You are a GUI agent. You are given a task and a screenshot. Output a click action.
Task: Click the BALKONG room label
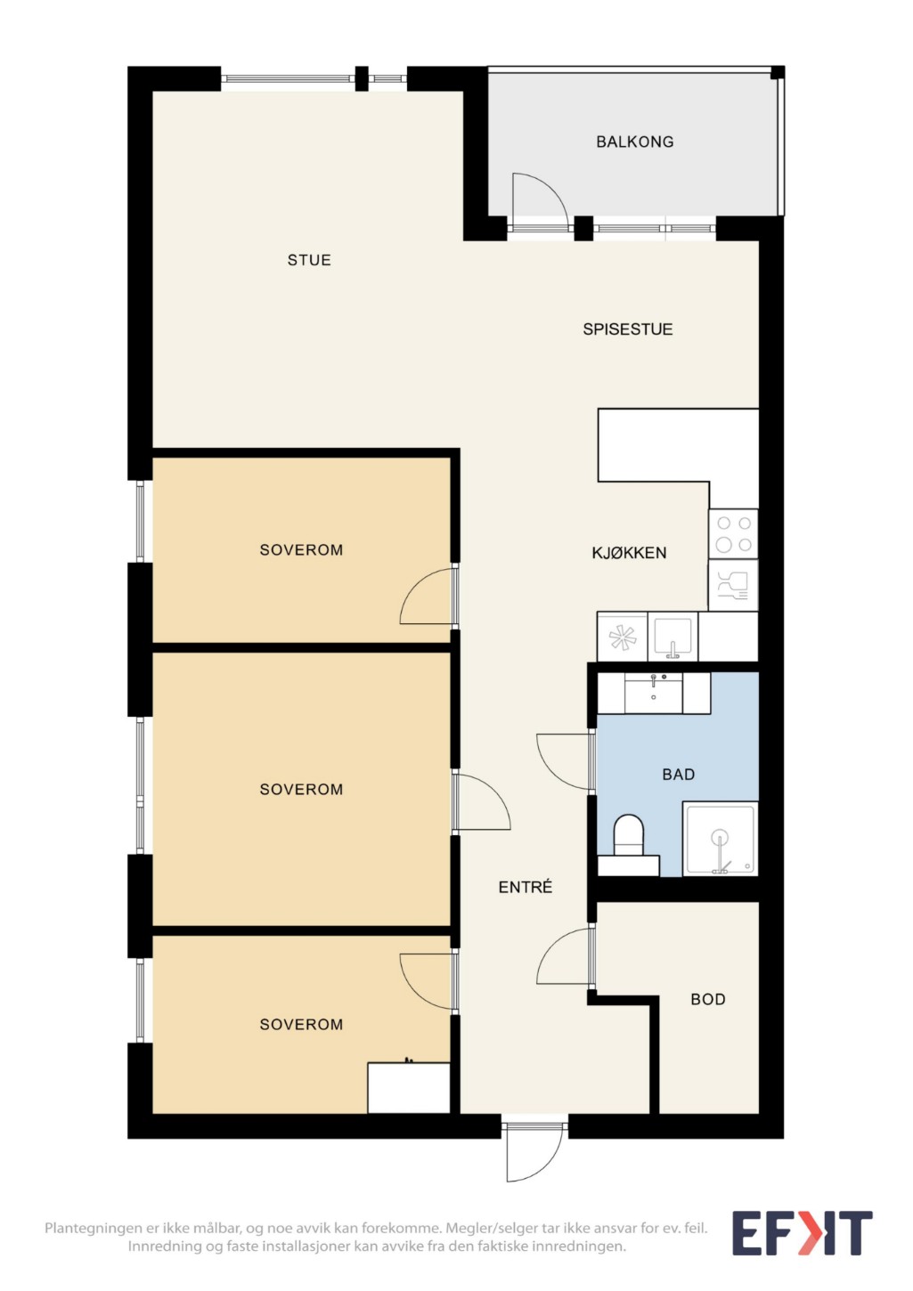point(634,142)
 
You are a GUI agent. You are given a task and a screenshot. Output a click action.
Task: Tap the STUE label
point(309,260)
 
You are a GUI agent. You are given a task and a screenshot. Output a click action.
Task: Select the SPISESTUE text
point(627,329)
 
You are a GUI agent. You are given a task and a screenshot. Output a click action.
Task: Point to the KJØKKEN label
point(629,553)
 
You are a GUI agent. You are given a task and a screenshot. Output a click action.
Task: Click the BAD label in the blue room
point(678,774)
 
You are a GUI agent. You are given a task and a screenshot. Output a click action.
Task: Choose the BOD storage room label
point(707,999)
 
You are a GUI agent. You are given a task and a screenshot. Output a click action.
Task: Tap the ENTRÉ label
point(525,887)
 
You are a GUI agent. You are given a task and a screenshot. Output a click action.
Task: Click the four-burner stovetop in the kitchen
point(733,533)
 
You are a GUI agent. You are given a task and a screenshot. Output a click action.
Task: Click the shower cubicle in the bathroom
point(721,839)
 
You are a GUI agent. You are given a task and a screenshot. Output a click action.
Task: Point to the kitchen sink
point(672,637)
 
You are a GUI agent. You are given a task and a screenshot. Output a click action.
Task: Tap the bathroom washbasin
point(654,693)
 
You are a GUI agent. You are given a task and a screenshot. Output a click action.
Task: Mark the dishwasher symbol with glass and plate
point(733,585)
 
